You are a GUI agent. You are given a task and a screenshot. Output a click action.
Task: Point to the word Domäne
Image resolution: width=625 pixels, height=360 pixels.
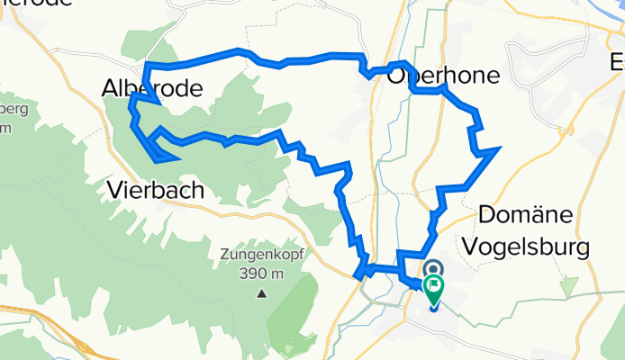tap(533, 214)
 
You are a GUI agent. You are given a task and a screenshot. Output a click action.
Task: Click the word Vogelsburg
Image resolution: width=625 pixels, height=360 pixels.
tap(534, 246)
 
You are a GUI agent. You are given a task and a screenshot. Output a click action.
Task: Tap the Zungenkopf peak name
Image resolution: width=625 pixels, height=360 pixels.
tap(261, 255)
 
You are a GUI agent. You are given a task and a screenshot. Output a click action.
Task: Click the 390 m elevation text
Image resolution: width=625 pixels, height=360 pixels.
tap(262, 274)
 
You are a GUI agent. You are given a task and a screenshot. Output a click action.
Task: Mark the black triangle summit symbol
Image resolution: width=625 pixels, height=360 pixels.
tap(262, 293)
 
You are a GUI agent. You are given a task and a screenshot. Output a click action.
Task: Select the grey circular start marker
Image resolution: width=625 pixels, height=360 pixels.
tap(433, 269)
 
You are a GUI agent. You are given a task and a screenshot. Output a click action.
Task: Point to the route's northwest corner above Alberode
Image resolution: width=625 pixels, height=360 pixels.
tap(146, 65)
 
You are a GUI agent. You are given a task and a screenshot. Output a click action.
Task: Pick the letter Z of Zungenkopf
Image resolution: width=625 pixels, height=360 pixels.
tap(223, 255)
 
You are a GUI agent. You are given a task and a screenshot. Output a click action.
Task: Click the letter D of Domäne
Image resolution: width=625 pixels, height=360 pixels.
tap(487, 214)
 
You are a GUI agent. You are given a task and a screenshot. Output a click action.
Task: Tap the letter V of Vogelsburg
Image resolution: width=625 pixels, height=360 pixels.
tap(486, 246)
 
